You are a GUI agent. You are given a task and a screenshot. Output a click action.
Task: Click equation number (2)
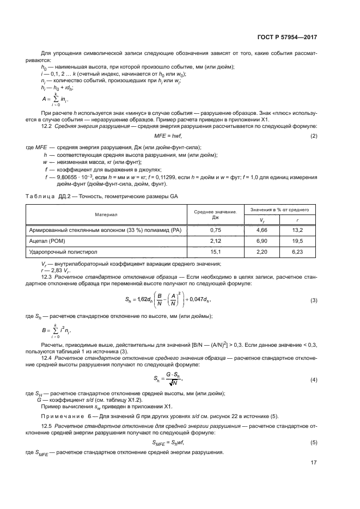(x=314, y=135)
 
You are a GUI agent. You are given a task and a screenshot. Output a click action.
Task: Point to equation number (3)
(x=314, y=301)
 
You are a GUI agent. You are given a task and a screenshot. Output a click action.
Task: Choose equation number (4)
(x=314, y=379)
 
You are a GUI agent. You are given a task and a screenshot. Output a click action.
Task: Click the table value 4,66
(x=259, y=230)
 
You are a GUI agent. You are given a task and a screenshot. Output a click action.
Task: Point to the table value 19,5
(x=298, y=241)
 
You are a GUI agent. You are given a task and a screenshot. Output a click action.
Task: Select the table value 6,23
(x=298, y=252)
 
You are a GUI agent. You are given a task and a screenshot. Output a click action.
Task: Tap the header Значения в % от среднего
(x=279, y=210)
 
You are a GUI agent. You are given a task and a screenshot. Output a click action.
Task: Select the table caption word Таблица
(x=38, y=195)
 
